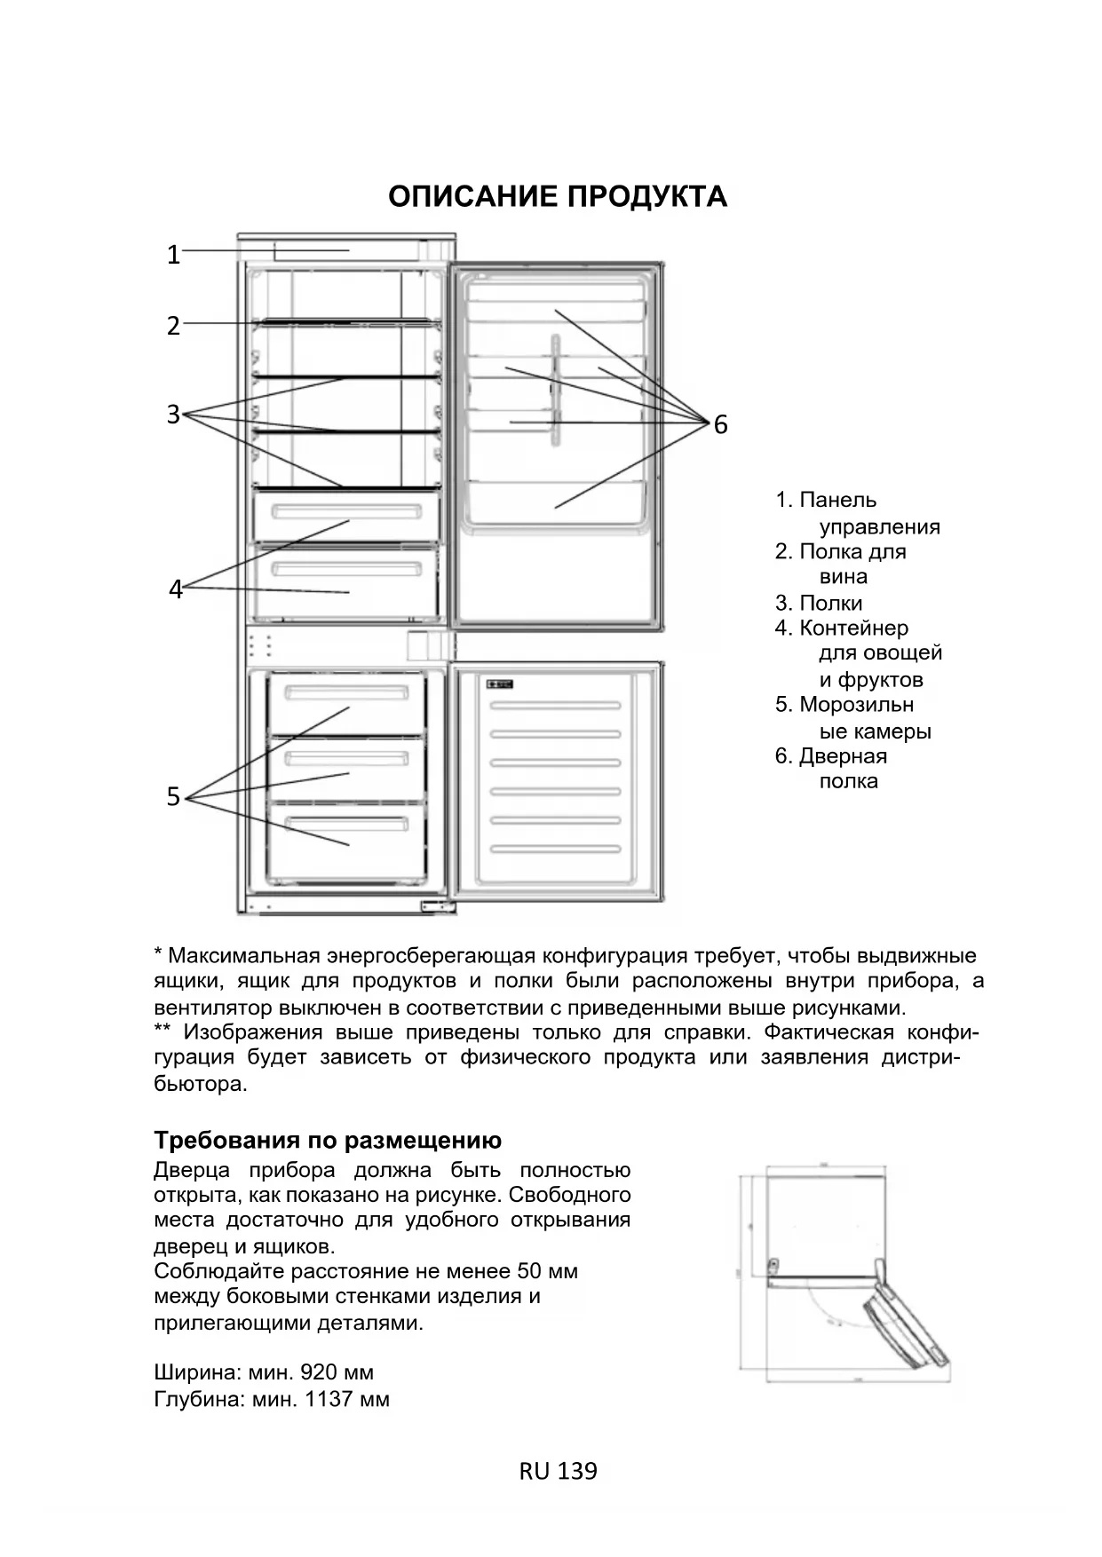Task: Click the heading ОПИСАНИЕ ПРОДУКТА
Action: (x=558, y=196)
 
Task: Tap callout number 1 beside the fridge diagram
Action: (x=174, y=256)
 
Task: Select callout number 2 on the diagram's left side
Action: (x=174, y=326)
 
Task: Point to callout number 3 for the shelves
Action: (x=174, y=414)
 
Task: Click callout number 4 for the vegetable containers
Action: (x=176, y=589)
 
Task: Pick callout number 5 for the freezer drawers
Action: (x=174, y=797)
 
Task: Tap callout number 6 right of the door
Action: (x=720, y=425)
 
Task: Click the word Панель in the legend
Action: (x=837, y=501)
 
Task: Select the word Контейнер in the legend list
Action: (x=853, y=628)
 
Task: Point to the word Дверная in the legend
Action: (x=843, y=756)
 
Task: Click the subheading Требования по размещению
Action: (x=328, y=1140)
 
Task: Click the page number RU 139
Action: (x=558, y=1471)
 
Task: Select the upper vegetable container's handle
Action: (x=346, y=512)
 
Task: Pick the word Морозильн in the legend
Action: (x=856, y=705)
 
